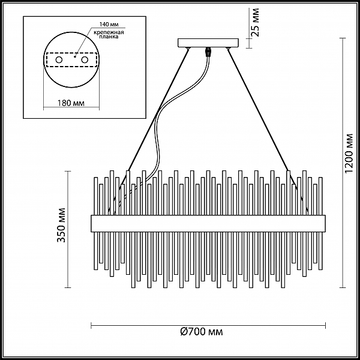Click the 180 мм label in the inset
coord(71,103)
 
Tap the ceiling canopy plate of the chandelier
coord(208,43)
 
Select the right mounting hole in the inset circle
coord(85,61)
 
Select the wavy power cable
coord(162,120)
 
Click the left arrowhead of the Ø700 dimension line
coord(92,325)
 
